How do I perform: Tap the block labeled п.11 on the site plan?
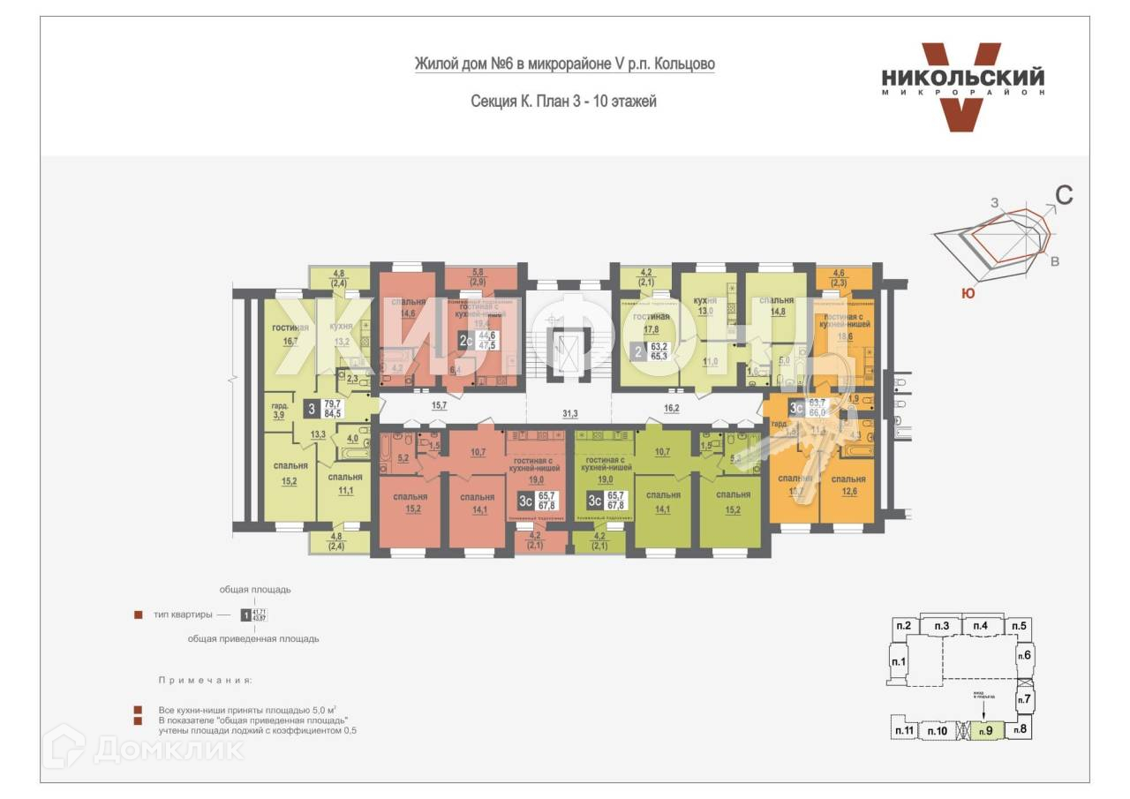pyautogui.click(x=904, y=730)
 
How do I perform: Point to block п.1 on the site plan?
pyautogui.click(x=900, y=662)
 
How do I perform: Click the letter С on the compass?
pyautogui.click(x=1065, y=196)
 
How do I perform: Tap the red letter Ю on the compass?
pyautogui.click(x=968, y=294)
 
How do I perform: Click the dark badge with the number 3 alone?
pyautogui.click(x=311, y=409)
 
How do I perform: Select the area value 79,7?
pyautogui.click(x=332, y=403)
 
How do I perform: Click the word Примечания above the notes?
pyautogui.click(x=205, y=681)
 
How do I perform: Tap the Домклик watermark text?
pyautogui.click(x=168, y=750)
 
